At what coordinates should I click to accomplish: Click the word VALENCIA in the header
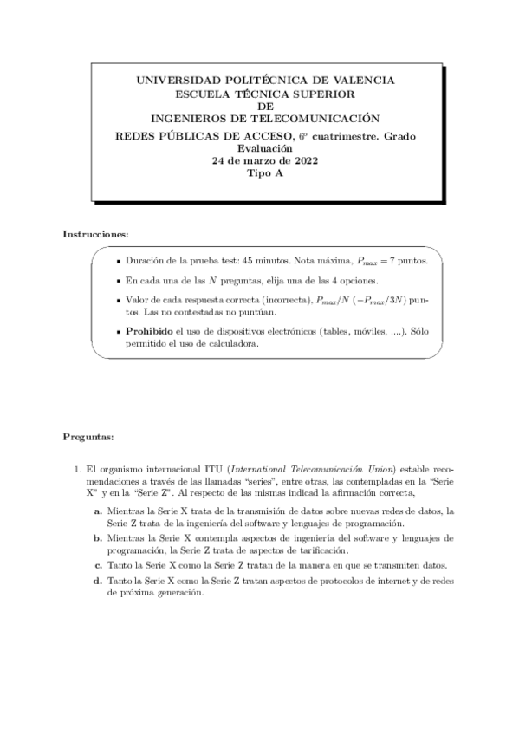point(365,80)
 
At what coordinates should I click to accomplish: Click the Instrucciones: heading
point(96,235)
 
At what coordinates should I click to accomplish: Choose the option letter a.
point(98,511)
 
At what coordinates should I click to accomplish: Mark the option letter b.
point(98,538)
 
